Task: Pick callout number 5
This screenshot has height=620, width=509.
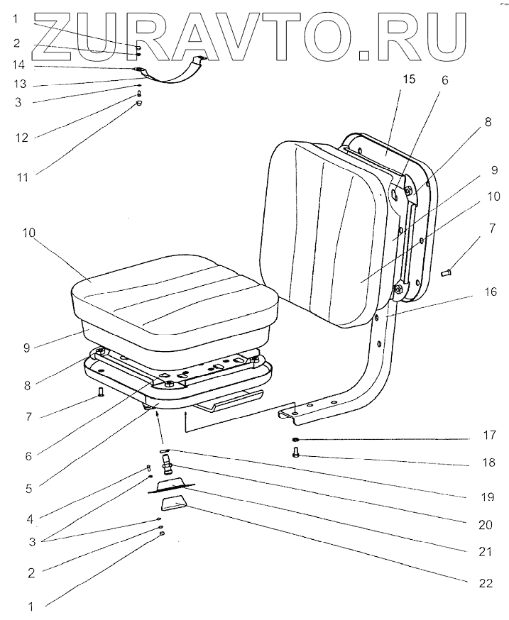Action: [x=30, y=487]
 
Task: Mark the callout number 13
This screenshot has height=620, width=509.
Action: [x=21, y=84]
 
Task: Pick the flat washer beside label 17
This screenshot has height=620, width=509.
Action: [x=295, y=441]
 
